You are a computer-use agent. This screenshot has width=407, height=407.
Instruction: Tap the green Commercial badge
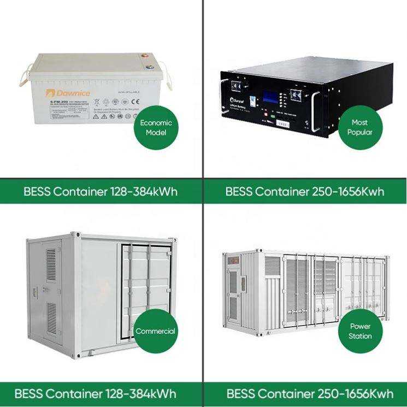point(156,331)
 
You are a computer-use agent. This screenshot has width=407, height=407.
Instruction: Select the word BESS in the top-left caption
point(37,192)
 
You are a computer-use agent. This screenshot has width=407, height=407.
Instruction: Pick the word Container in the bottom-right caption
point(286,394)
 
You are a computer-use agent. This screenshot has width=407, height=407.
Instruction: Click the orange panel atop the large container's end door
point(232,259)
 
